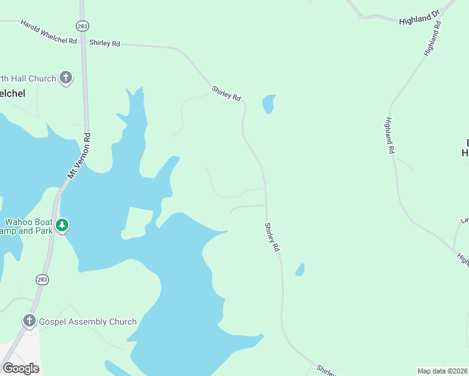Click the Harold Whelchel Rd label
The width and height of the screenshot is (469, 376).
[48, 32]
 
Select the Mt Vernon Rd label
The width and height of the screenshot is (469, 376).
[79, 156]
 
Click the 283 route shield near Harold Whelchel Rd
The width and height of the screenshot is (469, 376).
[82, 26]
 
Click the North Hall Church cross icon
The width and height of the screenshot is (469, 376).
[65, 78]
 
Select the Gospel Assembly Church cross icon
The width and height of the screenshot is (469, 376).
[29, 321]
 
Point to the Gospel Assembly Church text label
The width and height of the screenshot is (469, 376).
[88, 321]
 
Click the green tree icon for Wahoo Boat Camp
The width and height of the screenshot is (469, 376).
[61, 225]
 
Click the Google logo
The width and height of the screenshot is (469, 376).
[21, 368]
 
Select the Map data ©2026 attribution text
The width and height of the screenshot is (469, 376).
[442, 370]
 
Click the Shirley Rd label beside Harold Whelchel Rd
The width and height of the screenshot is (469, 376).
[105, 43]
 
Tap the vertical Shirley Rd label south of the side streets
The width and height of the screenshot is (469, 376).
[271, 238]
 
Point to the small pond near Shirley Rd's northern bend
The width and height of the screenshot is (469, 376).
[268, 103]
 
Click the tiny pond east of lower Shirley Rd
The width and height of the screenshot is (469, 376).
[300, 270]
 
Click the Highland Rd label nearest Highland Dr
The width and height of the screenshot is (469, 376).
[433, 39]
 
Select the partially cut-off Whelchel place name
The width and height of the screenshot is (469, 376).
[12, 93]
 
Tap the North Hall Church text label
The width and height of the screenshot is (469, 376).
[28, 78]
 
